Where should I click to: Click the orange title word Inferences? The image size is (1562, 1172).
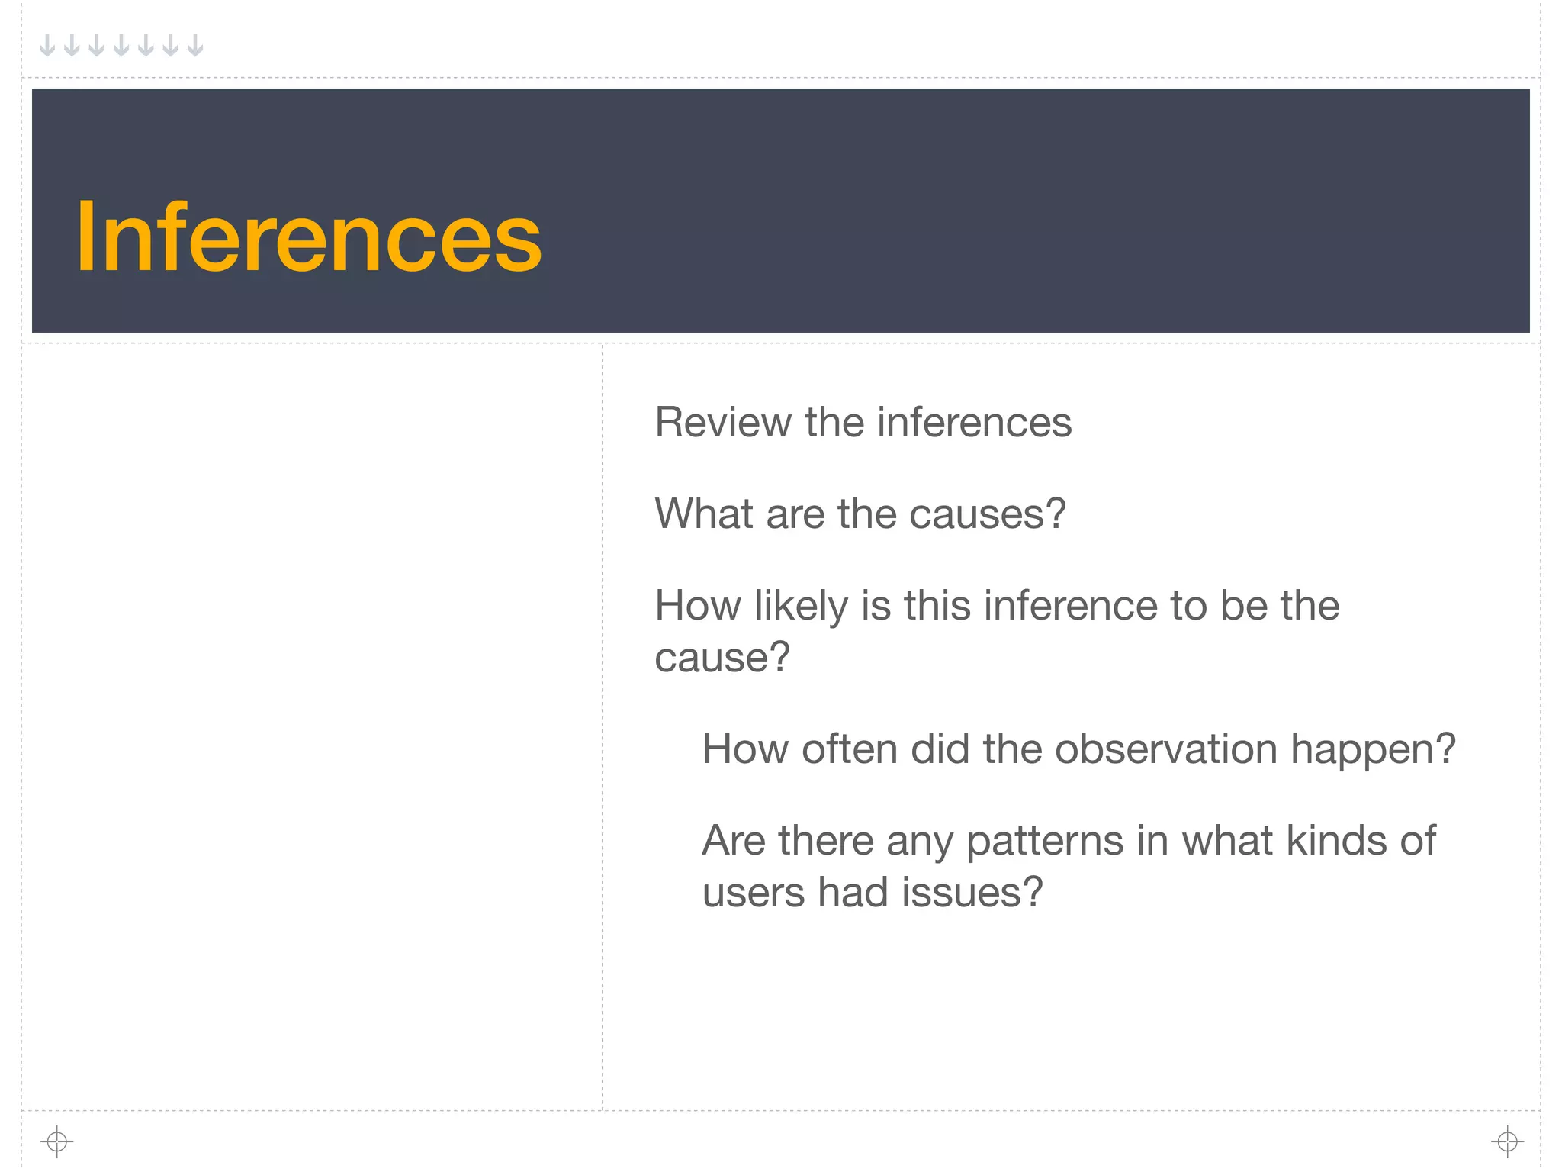tap(309, 237)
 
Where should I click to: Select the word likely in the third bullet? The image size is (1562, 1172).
tap(801, 607)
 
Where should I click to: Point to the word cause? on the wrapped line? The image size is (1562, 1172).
tap(722, 658)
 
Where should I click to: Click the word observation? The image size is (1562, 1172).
tap(1166, 749)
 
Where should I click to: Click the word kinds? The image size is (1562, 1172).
tap(1328, 840)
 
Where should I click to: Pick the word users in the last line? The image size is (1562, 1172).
tap(754, 892)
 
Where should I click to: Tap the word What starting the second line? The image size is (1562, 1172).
tap(704, 514)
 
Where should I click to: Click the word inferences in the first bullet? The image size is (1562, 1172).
tap(974, 422)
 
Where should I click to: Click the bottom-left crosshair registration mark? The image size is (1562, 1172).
tap(57, 1141)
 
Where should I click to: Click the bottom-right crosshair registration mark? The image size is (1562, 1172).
tap(1507, 1141)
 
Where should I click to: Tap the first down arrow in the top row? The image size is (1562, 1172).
tap(47, 45)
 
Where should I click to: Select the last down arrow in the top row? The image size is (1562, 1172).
tap(195, 45)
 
